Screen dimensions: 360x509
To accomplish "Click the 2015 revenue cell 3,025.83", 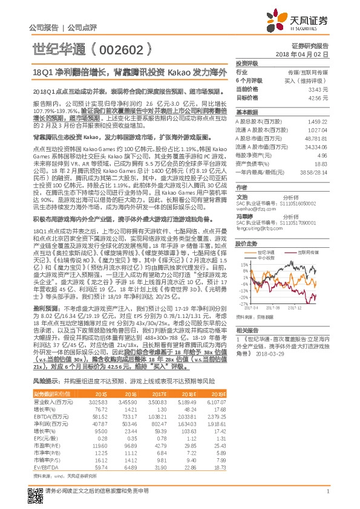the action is pos(98,384).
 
